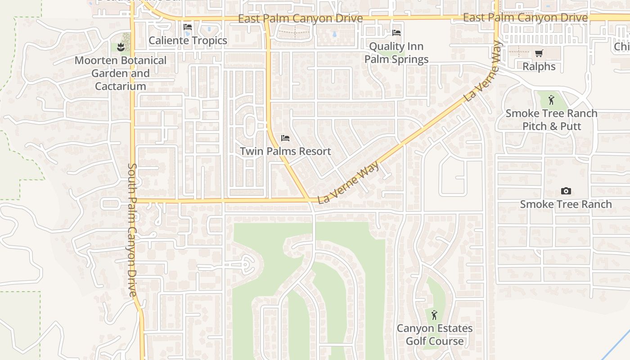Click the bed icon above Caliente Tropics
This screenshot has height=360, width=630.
[188, 27]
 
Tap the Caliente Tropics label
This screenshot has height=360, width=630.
[188, 40]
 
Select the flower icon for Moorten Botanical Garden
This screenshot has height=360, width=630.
[120, 47]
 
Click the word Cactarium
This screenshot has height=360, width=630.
[120, 86]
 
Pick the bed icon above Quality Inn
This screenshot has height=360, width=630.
[396, 33]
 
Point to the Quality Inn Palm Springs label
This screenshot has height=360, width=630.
[396, 53]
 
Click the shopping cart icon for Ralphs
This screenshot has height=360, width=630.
[539, 54]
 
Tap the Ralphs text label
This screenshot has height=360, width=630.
[539, 67]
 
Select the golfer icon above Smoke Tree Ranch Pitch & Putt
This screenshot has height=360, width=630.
[551, 100]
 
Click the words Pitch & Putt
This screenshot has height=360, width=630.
[551, 126]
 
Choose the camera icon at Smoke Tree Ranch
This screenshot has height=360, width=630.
[566, 191]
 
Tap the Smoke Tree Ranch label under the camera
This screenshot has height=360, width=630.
[566, 204]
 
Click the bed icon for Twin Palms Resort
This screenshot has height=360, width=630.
[285, 138]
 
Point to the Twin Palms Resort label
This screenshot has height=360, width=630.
[285, 151]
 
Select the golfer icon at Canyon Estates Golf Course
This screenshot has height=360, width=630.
[434, 315]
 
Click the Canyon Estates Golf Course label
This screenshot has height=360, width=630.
[434, 335]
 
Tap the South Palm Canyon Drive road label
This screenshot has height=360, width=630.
[132, 229]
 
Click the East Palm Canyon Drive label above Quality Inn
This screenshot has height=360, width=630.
[300, 18]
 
